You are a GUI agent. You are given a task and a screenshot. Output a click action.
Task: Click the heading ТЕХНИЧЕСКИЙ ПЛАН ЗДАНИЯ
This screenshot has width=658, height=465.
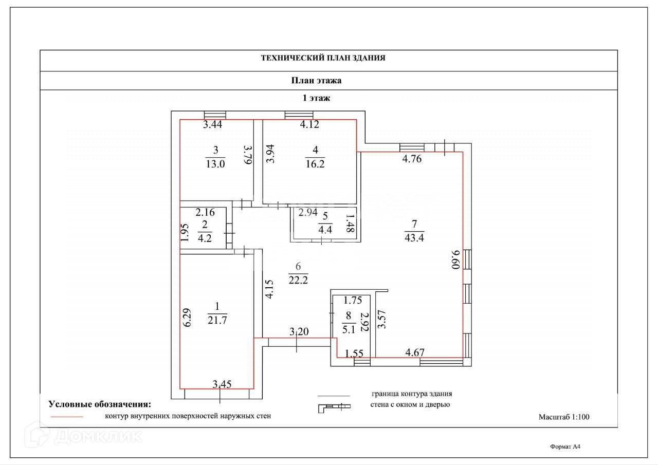tap(323, 59)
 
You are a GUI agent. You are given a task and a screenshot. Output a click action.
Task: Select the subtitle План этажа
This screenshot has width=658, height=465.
tap(317, 80)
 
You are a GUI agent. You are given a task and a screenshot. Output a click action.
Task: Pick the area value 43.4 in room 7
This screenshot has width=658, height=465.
tap(414, 237)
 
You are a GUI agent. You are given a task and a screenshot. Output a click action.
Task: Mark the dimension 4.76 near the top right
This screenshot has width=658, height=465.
tap(412, 159)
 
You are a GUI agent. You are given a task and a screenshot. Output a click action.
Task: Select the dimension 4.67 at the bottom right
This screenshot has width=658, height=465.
tap(415, 352)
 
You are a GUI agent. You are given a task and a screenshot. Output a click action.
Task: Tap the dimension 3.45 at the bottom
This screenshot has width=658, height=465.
tap(222, 383)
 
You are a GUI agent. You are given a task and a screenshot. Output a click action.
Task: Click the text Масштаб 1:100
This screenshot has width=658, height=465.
tap(564, 417)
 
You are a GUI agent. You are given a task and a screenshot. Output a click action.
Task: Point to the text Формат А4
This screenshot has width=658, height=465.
tap(564, 447)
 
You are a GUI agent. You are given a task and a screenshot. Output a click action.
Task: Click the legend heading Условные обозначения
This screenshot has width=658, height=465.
tap(100, 404)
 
